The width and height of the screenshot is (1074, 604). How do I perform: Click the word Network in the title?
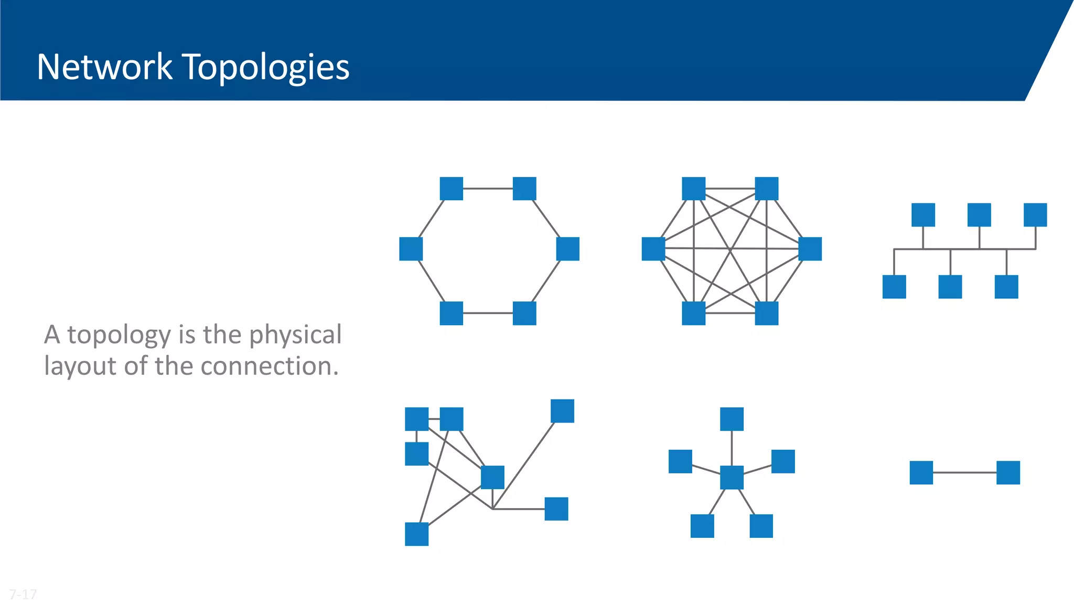105,67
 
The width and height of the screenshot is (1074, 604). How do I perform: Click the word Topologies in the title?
266,68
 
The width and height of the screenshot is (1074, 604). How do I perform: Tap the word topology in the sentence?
119,335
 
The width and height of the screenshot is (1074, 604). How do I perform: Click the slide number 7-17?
23,594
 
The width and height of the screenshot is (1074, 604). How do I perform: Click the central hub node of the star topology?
732,477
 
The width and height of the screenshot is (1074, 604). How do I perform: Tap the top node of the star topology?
732,419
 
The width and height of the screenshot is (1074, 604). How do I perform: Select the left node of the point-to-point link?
921,472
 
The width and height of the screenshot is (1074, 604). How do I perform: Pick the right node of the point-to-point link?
1008,472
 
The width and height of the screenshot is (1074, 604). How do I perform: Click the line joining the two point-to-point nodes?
964,472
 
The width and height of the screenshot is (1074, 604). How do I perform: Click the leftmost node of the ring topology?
411,249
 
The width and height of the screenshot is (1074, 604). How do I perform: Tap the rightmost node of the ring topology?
567,249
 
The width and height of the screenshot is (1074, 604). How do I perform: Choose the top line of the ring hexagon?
488,188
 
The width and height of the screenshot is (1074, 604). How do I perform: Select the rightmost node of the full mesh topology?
810,249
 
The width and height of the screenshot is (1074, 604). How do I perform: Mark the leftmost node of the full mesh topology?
653,249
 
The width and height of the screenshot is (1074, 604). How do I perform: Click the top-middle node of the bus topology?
979,215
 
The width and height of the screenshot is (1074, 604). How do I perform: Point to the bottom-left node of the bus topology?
894,287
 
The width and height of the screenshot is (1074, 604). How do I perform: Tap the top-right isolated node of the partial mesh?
562,411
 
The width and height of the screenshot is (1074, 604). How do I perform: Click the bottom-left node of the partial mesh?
416,534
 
